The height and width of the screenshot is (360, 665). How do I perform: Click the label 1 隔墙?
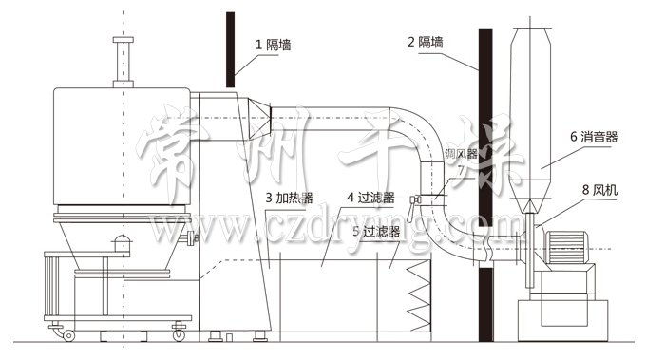coord(274,44)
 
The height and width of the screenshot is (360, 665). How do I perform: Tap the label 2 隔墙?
coord(426,42)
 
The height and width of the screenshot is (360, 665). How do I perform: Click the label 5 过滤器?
coord(374,230)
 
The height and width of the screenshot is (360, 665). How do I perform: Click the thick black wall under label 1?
coord(230,47)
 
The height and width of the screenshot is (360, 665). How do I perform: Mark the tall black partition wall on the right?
coord(485,190)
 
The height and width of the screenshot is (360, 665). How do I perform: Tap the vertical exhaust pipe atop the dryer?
coord(122,62)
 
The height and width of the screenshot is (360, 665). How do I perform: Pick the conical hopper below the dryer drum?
coord(123,242)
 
